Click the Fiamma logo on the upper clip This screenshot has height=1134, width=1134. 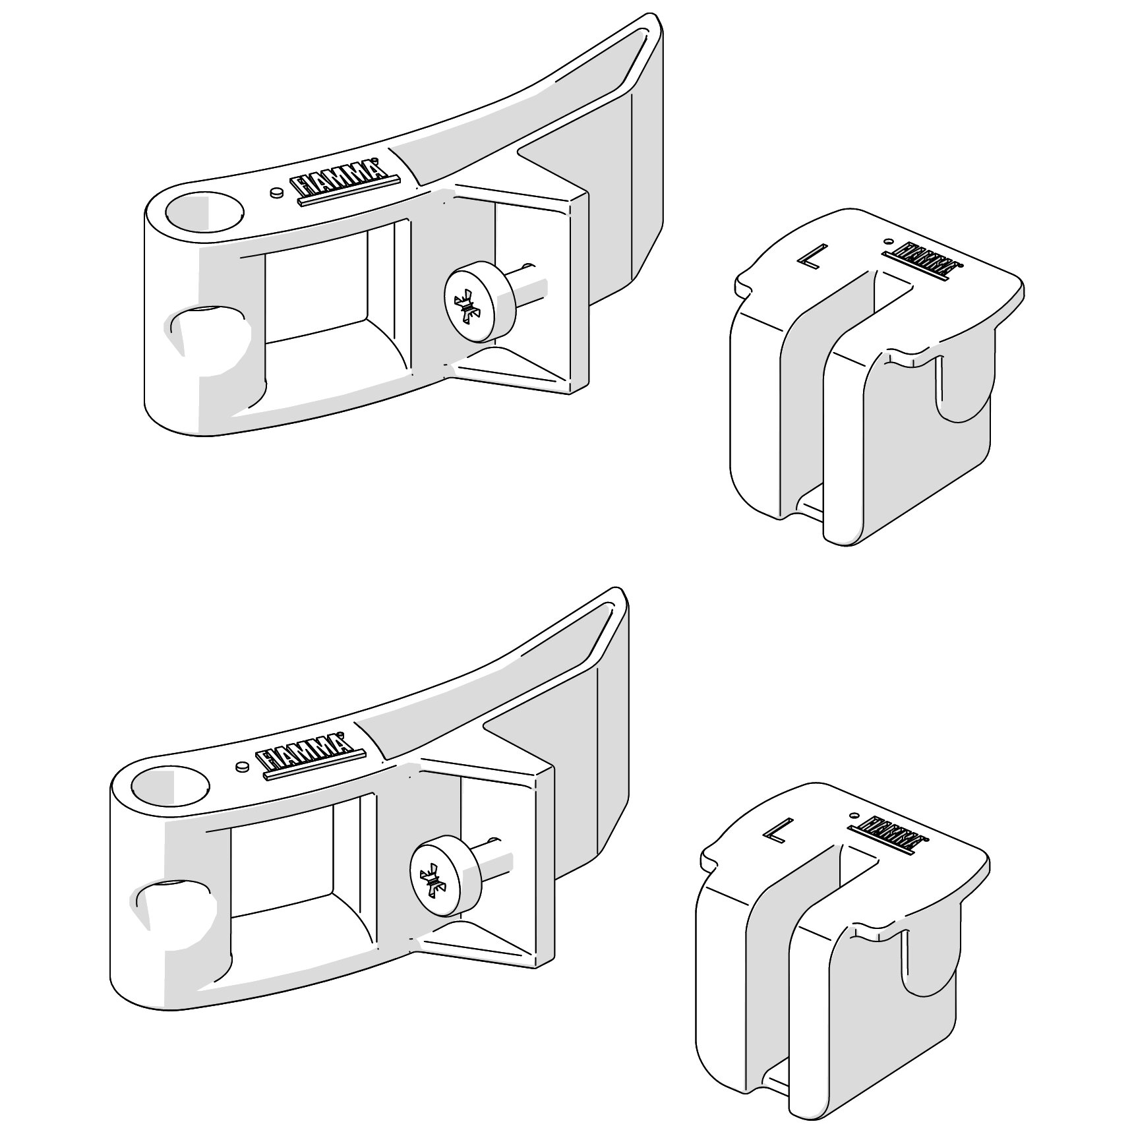(x=923, y=259)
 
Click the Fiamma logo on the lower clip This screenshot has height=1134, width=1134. (x=888, y=833)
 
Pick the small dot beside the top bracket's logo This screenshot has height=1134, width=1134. (x=277, y=193)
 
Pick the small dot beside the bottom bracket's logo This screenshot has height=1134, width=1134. (x=242, y=766)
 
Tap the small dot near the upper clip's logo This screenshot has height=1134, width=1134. (x=888, y=241)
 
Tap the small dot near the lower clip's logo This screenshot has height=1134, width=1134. (x=854, y=816)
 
